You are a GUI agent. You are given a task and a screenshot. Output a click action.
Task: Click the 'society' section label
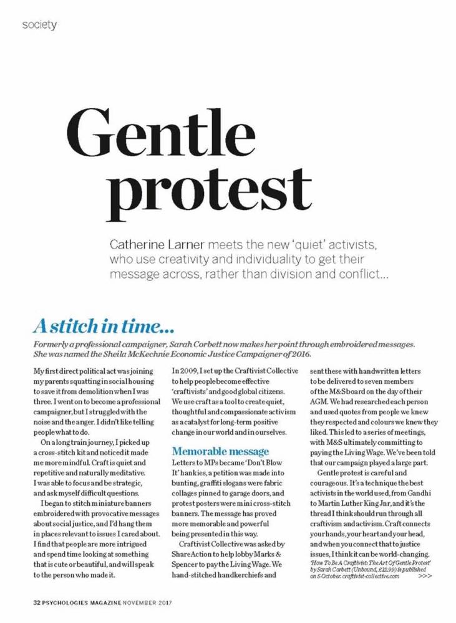39,25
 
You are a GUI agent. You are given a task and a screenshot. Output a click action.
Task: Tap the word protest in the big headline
219,187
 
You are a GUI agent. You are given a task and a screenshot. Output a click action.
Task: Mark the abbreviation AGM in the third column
320,402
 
